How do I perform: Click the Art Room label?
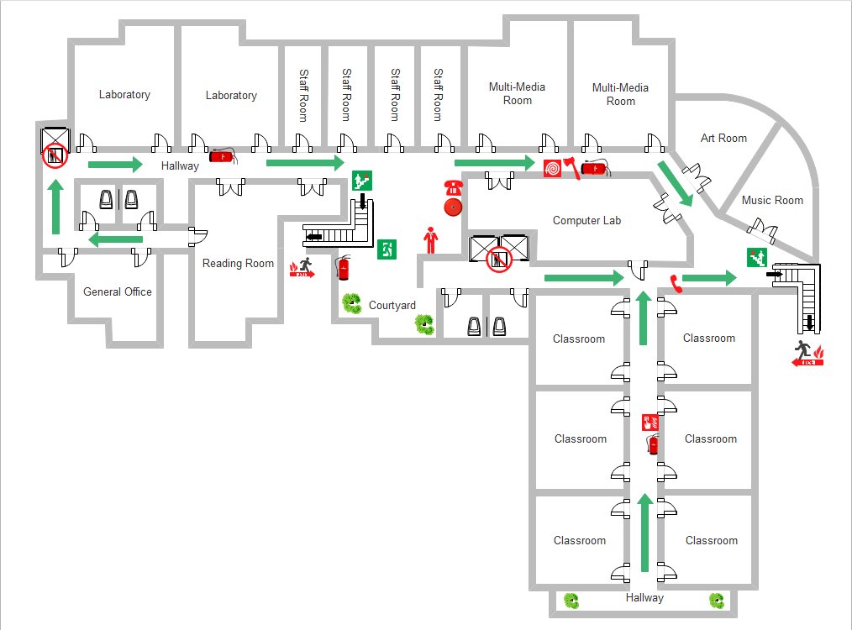click(x=723, y=139)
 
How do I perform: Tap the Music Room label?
click(x=772, y=201)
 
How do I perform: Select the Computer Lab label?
click(x=586, y=221)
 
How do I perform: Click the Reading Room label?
click(x=238, y=264)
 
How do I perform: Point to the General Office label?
click(x=118, y=292)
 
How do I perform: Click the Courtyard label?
click(x=392, y=306)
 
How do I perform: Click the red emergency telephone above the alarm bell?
click(x=454, y=186)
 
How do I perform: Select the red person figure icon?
click(x=431, y=240)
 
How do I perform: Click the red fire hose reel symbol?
click(x=552, y=169)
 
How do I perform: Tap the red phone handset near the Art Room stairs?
click(x=674, y=282)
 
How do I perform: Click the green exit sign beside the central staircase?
click(x=387, y=249)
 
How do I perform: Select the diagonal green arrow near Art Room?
click(x=675, y=183)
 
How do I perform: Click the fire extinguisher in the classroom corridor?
click(x=651, y=444)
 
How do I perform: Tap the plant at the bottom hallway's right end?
click(x=717, y=600)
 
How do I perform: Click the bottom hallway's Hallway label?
click(x=644, y=598)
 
